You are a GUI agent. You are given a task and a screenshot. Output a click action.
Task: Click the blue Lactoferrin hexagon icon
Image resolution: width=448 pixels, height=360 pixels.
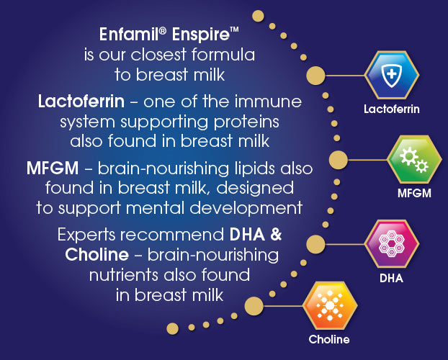point(392,75)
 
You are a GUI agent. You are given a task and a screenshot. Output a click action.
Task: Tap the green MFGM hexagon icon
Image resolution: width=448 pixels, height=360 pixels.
point(414,159)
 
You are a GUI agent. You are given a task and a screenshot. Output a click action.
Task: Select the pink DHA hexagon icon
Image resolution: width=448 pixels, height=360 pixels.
point(392,243)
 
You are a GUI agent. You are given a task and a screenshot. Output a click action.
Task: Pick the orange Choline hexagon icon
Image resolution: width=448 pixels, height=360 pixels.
point(330,305)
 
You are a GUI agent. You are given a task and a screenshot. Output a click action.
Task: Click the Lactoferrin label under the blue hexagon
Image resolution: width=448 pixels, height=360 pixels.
point(391,109)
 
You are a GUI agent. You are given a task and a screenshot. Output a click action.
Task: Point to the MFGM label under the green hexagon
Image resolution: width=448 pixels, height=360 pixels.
point(414,194)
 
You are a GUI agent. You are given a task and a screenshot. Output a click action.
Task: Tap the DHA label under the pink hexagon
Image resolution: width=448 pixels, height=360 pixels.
point(391,278)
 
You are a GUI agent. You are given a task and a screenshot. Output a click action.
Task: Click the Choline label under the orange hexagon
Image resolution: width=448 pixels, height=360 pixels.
point(329,339)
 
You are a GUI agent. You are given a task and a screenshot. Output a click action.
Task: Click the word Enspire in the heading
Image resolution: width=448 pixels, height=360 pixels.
point(205,35)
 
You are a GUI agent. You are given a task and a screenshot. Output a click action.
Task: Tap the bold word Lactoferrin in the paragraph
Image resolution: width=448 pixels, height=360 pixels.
point(81,102)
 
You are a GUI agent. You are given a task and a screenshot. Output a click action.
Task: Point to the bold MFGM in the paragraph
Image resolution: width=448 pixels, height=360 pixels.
point(53,168)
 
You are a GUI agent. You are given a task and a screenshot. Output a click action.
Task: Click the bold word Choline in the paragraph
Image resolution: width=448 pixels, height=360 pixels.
point(97,255)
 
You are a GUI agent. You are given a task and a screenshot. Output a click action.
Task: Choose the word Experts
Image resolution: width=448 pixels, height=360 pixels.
point(86,235)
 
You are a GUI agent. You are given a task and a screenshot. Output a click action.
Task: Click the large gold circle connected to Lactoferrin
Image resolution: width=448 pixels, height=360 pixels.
point(315,76)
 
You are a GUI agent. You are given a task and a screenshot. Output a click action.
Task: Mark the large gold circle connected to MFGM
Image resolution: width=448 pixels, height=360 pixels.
point(339,160)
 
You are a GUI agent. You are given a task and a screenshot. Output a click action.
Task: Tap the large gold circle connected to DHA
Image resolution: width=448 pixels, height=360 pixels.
point(315,244)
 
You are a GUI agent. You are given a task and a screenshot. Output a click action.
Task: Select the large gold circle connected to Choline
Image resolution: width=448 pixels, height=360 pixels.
point(254,306)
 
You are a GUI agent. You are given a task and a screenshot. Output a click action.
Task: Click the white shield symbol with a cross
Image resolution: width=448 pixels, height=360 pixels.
point(392,75)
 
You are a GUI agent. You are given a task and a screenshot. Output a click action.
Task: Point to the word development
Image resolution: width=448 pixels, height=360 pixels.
point(246,209)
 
